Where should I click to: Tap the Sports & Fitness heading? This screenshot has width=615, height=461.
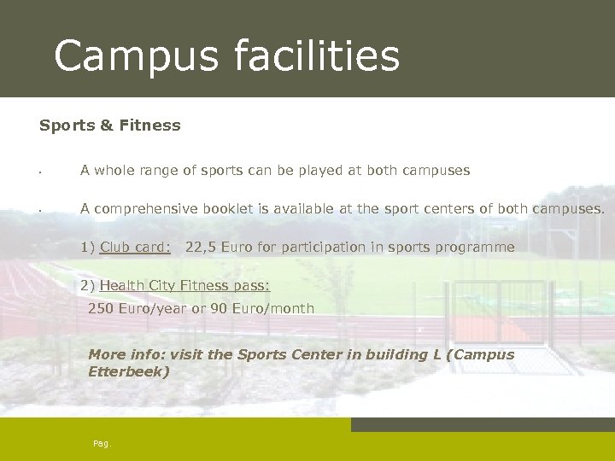click(x=110, y=125)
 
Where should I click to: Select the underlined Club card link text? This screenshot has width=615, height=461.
click(x=135, y=248)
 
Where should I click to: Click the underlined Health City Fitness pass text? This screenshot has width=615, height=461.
click(x=184, y=286)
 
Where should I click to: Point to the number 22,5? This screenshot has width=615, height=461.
click(x=201, y=248)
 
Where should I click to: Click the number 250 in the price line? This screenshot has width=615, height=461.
click(x=101, y=308)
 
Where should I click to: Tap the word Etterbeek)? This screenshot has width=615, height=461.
click(x=129, y=372)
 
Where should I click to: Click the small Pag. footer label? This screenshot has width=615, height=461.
click(x=102, y=444)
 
